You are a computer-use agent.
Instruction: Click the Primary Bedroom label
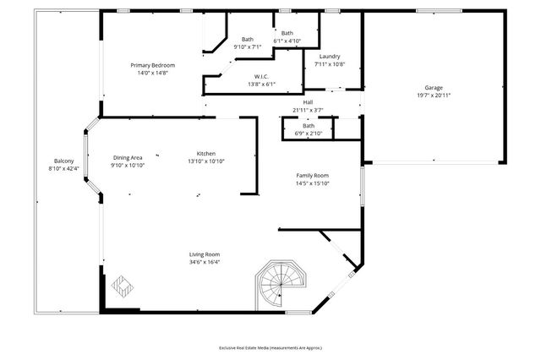[152, 65]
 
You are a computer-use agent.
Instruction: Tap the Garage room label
[434, 88]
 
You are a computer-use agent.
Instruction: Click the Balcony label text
[64, 161]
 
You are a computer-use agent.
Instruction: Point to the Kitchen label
[206, 153]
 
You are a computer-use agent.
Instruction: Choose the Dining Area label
[127, 157]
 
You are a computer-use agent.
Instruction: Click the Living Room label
[205, 254]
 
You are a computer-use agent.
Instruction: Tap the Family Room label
[312, 175]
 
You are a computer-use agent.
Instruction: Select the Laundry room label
[330, 56]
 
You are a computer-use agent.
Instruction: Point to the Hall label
[309, 103]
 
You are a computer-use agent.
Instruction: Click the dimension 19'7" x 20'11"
[434, 95]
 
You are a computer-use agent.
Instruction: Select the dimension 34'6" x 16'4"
[205, 262]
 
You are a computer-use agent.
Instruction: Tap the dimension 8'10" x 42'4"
[64, 168]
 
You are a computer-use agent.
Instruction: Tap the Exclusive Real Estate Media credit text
[270, 347]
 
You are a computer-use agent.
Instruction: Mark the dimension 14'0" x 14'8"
[152, 73]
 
